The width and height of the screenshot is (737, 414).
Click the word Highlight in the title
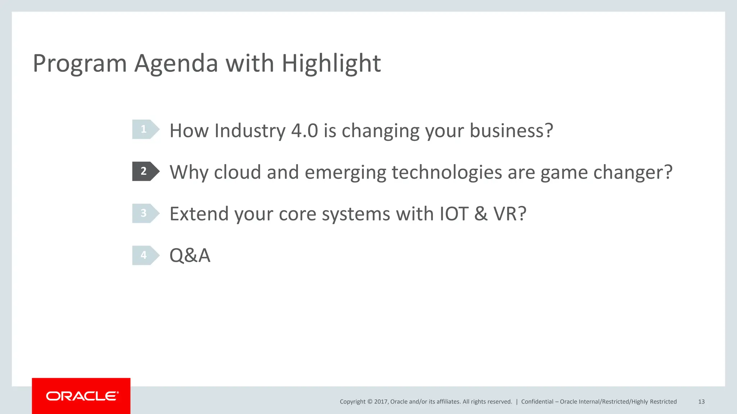331,63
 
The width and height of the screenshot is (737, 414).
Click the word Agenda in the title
176,63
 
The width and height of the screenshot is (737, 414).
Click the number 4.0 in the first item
304,130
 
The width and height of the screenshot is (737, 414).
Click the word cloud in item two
237,172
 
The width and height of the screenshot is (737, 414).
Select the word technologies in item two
447,172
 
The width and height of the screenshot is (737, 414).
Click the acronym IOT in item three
454,214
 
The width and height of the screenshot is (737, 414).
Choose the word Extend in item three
199,214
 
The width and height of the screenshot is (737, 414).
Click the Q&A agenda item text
190,256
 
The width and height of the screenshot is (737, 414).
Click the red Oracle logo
81,396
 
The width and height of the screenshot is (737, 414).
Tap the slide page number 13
701,402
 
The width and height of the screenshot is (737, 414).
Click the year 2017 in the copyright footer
381,402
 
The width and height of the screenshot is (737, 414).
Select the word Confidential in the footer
537,402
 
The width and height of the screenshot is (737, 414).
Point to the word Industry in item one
250,130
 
